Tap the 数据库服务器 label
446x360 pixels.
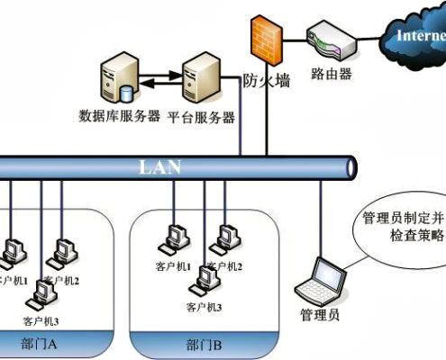point(120,116)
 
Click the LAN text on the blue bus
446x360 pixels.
point(161,166)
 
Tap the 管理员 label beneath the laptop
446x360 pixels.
point(319,314)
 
